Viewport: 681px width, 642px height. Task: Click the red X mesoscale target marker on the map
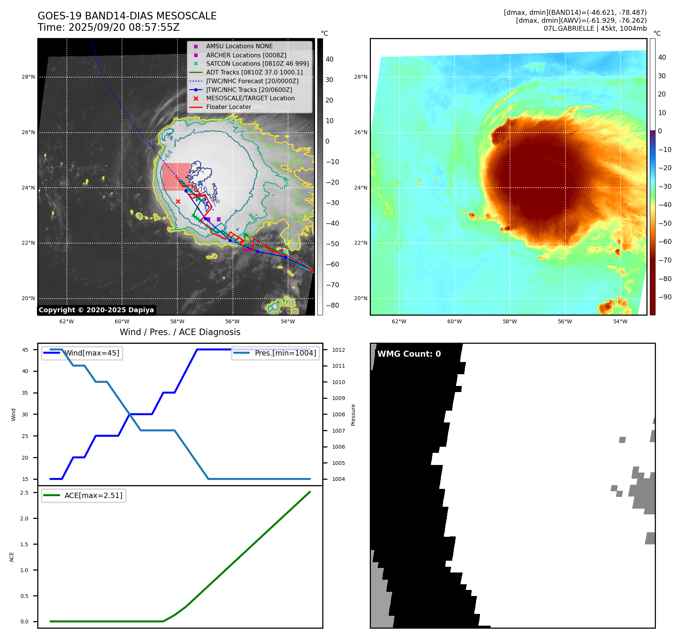(178, 201)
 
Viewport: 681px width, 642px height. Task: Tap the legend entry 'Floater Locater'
(228, 107)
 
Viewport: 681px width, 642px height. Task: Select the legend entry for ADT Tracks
(254, 72)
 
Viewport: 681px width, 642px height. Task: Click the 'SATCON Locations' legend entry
(257, 64)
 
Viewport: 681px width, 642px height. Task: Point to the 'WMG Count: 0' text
(409, 354)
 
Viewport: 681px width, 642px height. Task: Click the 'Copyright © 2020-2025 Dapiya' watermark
(96, 310)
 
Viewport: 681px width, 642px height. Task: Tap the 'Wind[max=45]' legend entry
(92, 353)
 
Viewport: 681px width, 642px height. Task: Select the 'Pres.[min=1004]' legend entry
(285, 353)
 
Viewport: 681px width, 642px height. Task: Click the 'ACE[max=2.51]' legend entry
(93, 495)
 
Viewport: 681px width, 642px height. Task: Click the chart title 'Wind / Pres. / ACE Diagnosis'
(180, 332)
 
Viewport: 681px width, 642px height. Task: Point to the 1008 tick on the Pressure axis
(339, 414)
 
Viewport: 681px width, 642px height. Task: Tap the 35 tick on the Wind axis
(25, 393)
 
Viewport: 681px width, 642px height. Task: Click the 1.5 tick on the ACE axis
(24, 544)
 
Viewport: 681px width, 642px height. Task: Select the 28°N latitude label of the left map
(28, 77)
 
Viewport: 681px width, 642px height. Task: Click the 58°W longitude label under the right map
(510, 321)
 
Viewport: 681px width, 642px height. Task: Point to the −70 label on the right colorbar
(665, 260)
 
